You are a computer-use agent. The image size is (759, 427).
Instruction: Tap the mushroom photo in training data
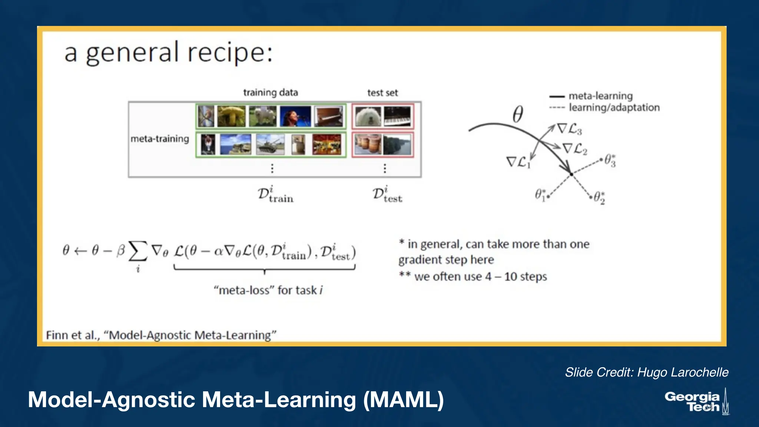(231, 116)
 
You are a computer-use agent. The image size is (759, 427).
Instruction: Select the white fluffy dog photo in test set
(368, 116)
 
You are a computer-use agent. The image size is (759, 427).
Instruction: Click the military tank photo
(271, 144)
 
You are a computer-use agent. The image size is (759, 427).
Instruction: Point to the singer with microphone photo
(295, 116)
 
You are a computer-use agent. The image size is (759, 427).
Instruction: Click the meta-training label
(160, 139)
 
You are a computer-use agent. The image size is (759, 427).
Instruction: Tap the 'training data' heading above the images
(271, 92)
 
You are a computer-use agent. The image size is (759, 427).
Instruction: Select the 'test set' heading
(382, 93)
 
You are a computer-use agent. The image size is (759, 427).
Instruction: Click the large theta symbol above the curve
(518, 114)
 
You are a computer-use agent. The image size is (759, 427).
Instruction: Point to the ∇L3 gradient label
(570, 129)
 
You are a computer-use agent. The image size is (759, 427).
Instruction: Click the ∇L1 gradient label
(518, 162)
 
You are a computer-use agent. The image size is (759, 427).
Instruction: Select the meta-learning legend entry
(600, 96)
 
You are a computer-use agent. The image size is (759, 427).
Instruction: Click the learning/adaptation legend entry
(614, 107)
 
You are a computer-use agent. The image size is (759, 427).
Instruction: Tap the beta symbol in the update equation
(120, 251)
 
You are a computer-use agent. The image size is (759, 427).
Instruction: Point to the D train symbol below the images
(275, 195)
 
